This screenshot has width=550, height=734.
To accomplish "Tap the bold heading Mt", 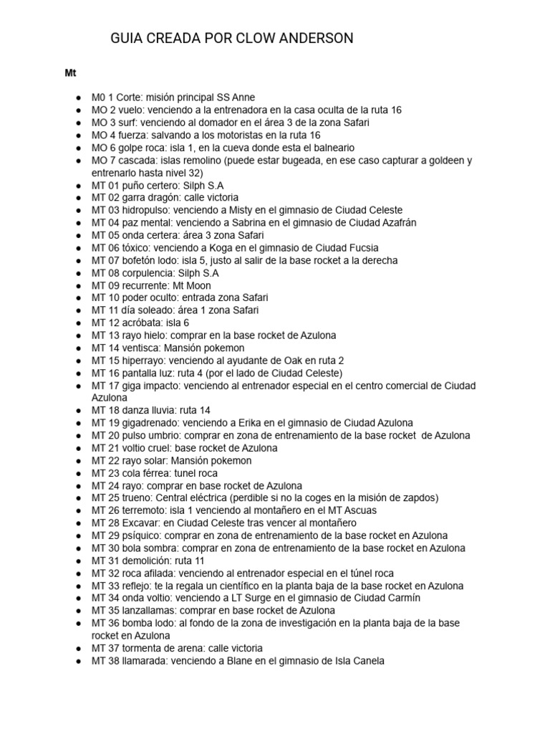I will pyautogui.click(x=70, y=73).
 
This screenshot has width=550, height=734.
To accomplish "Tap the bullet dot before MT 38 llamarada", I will pyautogui.click(x=77, y=661).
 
